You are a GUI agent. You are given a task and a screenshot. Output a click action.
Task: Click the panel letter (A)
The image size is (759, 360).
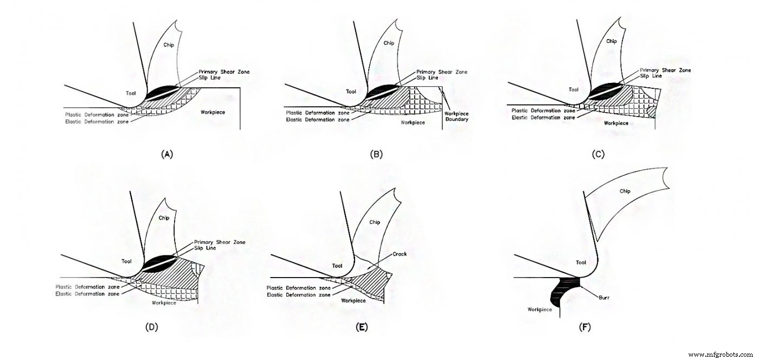coord(167,154)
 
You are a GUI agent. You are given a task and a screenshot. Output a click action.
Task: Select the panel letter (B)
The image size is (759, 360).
coord(376,154)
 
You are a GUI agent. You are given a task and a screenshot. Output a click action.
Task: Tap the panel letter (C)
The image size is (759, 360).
coord(599,154)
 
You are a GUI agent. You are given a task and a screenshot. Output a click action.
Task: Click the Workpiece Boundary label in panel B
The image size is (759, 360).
coord(456,115)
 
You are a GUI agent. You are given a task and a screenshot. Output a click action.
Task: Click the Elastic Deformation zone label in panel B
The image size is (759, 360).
coord(311,119)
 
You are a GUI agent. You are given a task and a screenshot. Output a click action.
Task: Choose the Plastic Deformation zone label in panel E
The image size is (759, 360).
coord(299,288)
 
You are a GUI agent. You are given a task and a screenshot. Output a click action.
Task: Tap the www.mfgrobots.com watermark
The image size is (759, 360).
coord(721,355)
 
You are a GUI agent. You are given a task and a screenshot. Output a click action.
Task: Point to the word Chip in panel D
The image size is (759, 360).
coord(164,217)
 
